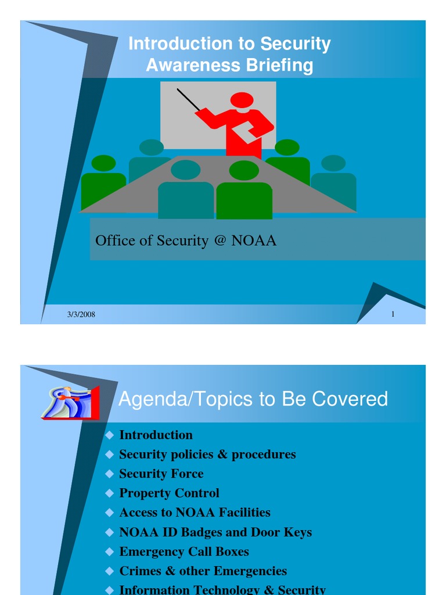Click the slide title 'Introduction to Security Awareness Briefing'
[x=229, y=54]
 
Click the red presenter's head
[x=242, y=100]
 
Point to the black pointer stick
[x=188, y=99]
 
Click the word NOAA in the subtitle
[x=254, y=241]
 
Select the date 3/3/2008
[x=81, y=314]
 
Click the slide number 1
[x=393, y=314]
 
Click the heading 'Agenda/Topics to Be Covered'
[x=253, y=399]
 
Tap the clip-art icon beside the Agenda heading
[x=71, y=402]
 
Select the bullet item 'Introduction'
[x=156, y=435]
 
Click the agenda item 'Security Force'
[x=161, y=474]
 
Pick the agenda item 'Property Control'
[x=169, y=493]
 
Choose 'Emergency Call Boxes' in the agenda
[x=184, y=551]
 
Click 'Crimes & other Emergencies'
[x=203, y=571]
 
